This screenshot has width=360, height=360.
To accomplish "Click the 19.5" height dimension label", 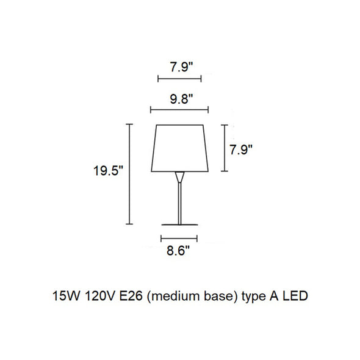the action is (x=109, y=171).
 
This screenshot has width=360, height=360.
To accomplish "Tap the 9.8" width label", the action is (x=181, y=99).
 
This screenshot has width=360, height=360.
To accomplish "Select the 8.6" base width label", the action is (x=178, y=251).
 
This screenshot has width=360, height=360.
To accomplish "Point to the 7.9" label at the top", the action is (x=181, y=67).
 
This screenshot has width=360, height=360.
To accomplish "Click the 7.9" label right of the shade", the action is (x=241, y=150).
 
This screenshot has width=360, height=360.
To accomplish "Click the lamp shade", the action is (x=180, y=148).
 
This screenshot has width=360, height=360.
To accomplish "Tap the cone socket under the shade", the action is (x=179, y=177).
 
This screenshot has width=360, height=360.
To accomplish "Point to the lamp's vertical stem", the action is (x=179, y=203).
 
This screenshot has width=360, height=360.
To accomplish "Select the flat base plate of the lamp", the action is (x=179, y=225).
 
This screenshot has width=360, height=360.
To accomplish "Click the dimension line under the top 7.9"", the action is (x=179, y=79).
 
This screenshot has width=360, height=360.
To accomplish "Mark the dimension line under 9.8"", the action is (x=179, y=110).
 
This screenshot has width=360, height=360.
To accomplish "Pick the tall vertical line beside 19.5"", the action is (x=129, y=174).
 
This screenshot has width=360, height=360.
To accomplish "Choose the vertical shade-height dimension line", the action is (x=225, y=148).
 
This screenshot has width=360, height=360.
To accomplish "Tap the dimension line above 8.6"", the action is (x=179, y=239).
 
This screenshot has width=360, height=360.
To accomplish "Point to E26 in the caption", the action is (x=131, y=296).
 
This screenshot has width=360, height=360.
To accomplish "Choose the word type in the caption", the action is (x=253, y=297).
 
